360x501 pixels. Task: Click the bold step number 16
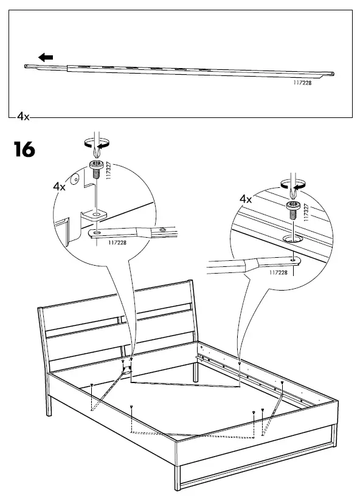point(24,149)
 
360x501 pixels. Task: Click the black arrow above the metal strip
point(46,58)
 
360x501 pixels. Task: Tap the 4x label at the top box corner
point(23,117)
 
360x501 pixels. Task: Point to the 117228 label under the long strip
point(302,83)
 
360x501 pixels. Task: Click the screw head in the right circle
point(292,205)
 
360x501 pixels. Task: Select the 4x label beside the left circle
point(59,186)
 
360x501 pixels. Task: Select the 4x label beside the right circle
point(246,199)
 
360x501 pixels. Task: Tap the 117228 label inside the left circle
point(117,243)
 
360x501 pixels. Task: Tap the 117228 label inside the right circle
point(279,272)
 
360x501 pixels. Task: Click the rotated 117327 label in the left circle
point(109,171)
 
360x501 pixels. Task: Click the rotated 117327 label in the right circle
point(306,212)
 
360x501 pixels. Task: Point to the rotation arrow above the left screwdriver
point(97,143)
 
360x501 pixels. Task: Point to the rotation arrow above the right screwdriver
point(293,184)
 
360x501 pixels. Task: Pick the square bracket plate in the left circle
point(94,215)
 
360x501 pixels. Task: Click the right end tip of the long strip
point(333,74)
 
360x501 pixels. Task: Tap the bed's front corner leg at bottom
point(178,477)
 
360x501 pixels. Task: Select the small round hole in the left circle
point(75,179)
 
